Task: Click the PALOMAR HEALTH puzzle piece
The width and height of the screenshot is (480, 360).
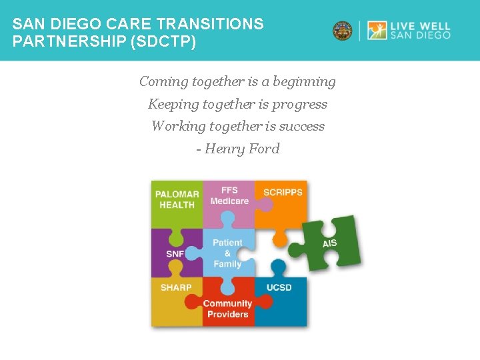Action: click(177, 200)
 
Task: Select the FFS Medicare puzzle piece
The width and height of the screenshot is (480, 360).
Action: click(229, 196)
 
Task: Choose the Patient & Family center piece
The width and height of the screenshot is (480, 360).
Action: click(227, 253)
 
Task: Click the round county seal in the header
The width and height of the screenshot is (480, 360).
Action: click(343, 31)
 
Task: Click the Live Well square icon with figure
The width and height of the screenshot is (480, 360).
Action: click(377, 31)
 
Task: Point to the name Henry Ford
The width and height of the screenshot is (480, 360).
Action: click(242, 149)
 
